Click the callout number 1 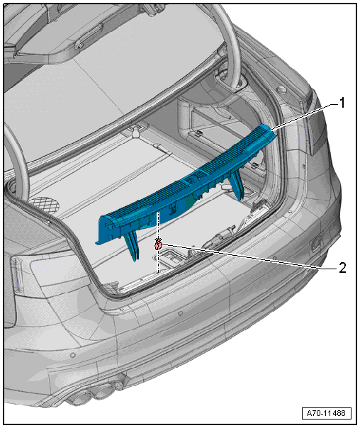coord(342,103)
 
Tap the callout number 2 coord(342,268)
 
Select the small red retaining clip coord(158,244)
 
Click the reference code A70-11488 coord(326,413)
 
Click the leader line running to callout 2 coord(249,257)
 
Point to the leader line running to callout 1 coord(304,116)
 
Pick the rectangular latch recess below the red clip coord(171,257)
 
